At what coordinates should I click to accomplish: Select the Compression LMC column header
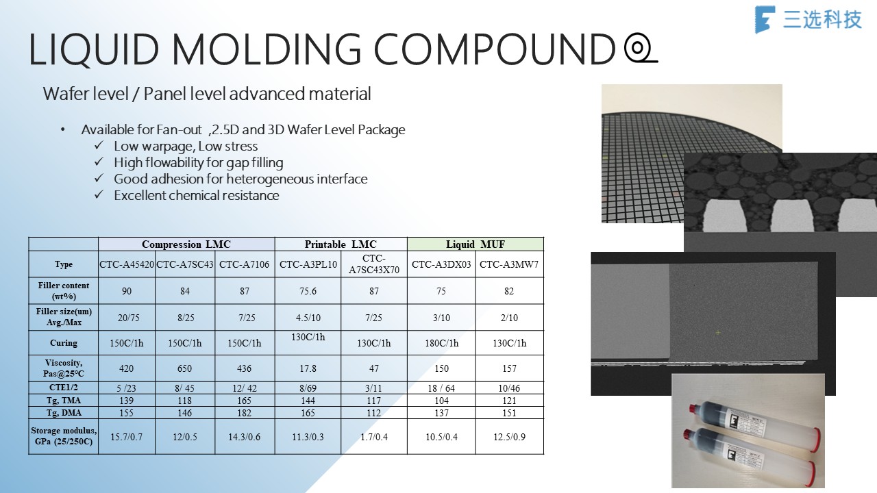click(186, 244)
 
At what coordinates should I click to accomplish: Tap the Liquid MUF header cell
click(475, 244)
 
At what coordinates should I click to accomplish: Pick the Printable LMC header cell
click(341, 244)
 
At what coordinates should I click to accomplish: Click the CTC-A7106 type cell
click(245, 264)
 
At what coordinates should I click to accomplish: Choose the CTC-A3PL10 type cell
click(308, 264)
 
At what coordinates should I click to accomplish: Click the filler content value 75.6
click(308, 291)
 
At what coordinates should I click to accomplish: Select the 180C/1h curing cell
click(442, 343)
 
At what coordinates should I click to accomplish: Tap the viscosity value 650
click(184, 368)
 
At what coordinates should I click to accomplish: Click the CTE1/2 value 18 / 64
click(441, 388)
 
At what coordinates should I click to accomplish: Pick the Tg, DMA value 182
click(245, 413)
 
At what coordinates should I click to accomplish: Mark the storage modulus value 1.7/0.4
click(374, 437)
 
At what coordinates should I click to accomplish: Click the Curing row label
click(64, 343)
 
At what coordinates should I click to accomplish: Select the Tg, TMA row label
click(64, 401)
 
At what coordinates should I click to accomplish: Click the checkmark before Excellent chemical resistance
click(99, 194)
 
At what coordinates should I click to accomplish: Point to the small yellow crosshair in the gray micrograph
click(718, 333)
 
